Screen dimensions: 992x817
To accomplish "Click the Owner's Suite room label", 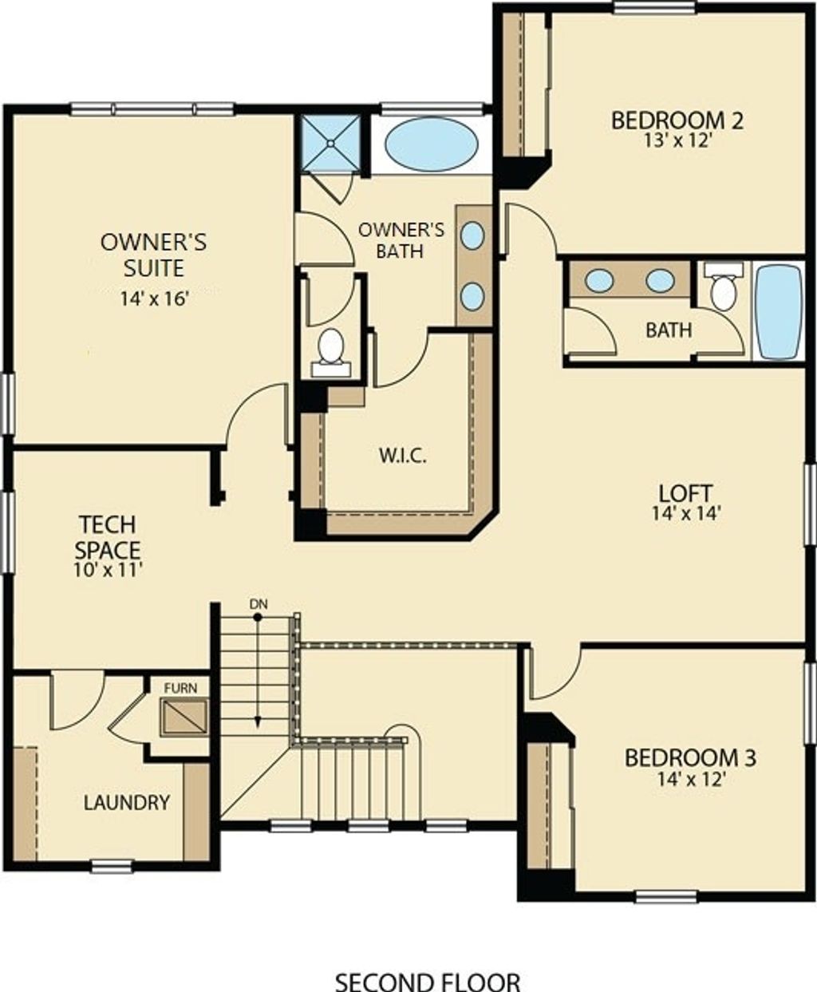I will click(x=153, y=254).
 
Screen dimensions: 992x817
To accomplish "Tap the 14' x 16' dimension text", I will click(x=153, y=299).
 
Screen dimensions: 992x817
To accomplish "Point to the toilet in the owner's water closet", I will click(x=330, y=350).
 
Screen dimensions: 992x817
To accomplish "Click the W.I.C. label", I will click(x=401, y=456).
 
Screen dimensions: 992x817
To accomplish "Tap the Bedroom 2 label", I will click(x=677, y=121).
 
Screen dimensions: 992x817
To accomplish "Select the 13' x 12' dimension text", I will click(x=677, y=140).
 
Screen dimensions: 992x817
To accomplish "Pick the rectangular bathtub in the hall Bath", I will click(x=778, y=311).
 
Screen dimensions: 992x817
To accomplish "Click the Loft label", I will click(x=685, y=493).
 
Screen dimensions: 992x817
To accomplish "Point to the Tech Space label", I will click(x=108, y=537).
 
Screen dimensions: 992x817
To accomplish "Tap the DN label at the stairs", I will click(x=257, y=604).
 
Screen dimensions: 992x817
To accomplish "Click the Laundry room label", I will click(x=127, y=802).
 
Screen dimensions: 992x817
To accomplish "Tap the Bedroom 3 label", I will click(x=690, y=757).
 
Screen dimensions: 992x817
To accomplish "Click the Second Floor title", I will click(x=428, y=981).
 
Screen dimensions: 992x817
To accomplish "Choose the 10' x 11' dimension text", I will click(x=108, y=570).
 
